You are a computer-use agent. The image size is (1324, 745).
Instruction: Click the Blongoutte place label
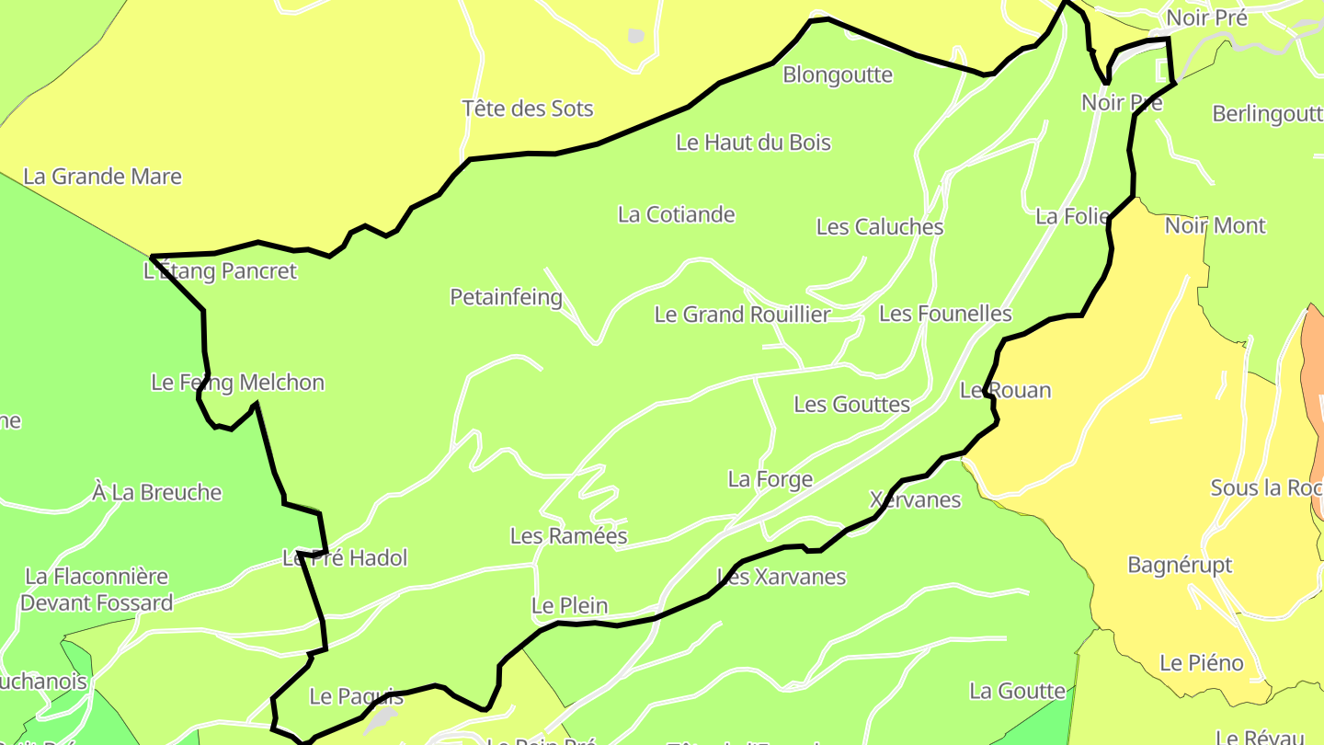[837, 74]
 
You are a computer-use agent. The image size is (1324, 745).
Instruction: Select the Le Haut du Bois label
[753, 143]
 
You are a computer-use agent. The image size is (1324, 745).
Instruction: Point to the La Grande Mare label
[102, 177]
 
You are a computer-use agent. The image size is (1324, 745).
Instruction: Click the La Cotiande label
[676, 214]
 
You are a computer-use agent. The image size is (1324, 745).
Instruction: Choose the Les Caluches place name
[879, 226]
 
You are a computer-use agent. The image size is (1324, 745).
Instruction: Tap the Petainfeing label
[506, 297]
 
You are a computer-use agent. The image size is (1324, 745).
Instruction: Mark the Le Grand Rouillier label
[742, 315]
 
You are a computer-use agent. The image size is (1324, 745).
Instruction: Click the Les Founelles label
[944, 314]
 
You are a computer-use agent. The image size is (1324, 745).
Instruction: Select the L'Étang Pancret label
[221, 271]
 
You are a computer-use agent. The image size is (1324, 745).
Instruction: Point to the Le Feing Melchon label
[237, 383]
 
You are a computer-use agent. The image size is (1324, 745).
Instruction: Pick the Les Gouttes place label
[851, 404]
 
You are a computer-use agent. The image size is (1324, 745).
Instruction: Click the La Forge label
[770, 479]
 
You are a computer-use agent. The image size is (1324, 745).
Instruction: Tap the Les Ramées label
[568, 535]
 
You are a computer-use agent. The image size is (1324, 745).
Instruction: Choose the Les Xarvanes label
[782, 577]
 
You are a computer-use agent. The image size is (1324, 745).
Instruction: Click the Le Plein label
[569, 605]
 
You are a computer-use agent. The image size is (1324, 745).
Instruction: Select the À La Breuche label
[157, 492]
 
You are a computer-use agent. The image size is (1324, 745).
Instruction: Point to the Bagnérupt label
[1180, 565]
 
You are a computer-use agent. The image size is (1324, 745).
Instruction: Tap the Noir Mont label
[1215, 225]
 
